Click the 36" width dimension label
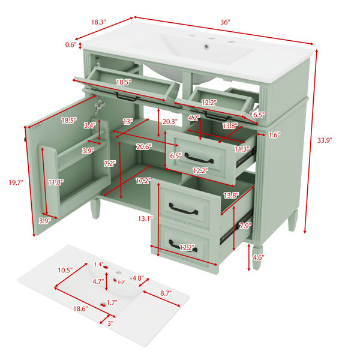click(x=225, y=22)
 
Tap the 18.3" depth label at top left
click(x=98, y=22)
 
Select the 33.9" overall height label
click(x=325, y=140)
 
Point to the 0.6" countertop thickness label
click(x=71, y=44)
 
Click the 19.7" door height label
click(x=16, y=183)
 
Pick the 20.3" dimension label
click(x=170, y=121)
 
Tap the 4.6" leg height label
click(x=258, y=257)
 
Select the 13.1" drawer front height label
click(x=145, y=218)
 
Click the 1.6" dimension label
click(x=274, y=135)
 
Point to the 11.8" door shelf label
click(x=56, y=182)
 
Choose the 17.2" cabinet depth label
click(x=143, y=181)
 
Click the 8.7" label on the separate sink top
click(x=166, y=293)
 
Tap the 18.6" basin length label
click(x=80, y=309)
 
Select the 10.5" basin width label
click(x=65, y=270)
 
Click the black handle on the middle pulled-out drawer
click(x=199, y=158)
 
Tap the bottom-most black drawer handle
click(x=183, y=246)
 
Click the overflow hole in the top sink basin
click(x=206, y=46)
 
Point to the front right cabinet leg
click(x=257, y=257)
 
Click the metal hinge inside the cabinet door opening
click(x=99, y=107)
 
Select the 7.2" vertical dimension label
click(x=110, y=164)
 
